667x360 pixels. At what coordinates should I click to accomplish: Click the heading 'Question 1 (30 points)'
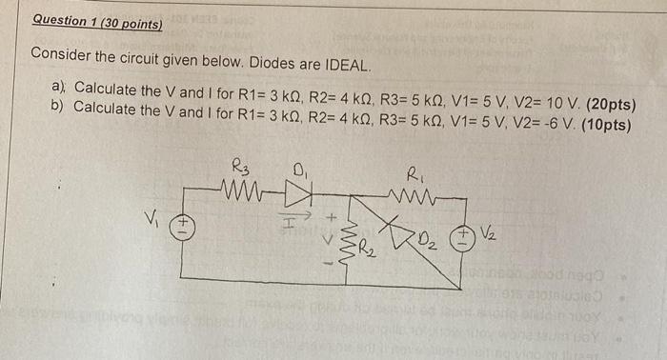click(96, 21)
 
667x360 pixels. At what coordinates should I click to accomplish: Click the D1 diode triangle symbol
click(299, 191)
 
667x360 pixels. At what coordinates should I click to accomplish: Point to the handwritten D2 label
click(424, 236)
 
